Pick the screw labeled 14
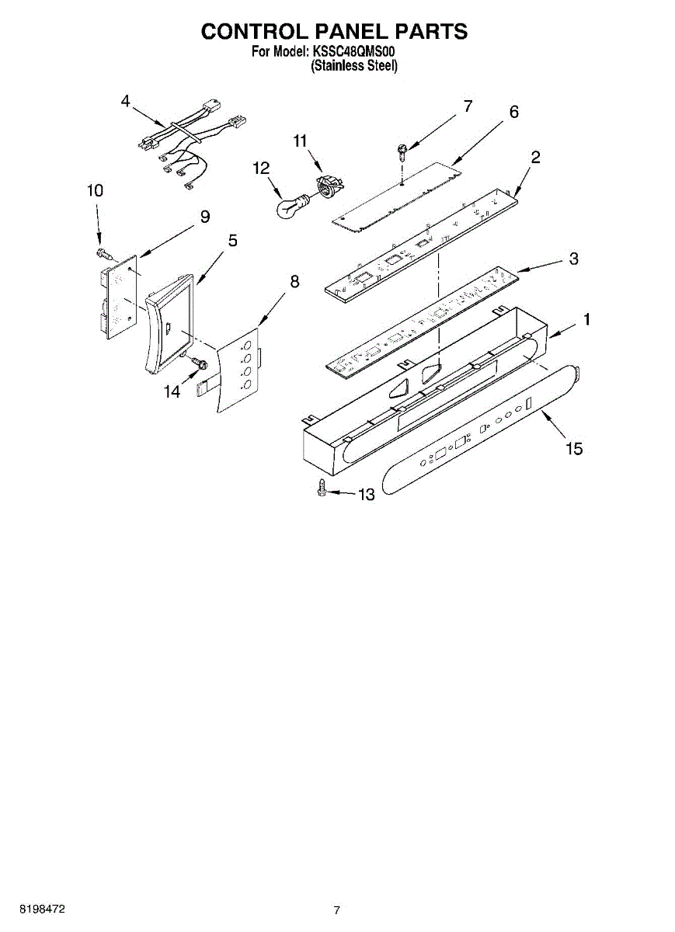197,362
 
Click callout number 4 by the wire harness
126,101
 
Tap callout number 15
574,449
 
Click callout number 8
294,282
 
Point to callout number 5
232,241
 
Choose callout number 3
573,259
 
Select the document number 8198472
43,909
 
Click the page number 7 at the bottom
336,909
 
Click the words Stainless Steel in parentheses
354,67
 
